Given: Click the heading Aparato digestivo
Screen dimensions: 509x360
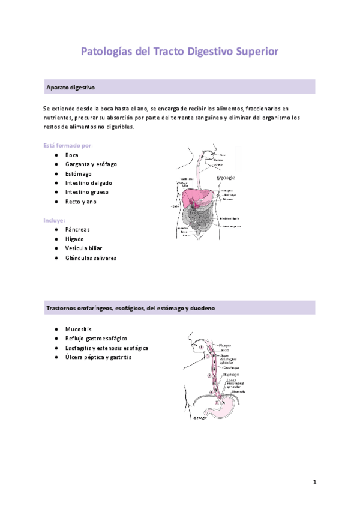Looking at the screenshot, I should click(x=70, y=88).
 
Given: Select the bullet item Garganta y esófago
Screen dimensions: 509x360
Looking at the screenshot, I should click(x=91, y=164).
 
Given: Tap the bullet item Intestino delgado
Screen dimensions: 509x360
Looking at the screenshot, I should click(x=89, y=182).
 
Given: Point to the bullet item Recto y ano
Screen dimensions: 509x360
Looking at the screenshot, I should click(x=81, y=202).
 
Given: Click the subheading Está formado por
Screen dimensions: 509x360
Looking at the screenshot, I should click(x=68, y=145).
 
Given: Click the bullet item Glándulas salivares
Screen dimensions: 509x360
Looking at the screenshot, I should click(x=91, y=258).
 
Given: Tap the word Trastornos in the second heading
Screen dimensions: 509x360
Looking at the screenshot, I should click(x=61, y=308).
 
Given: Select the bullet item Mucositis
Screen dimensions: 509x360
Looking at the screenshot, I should click(x=79, y=329).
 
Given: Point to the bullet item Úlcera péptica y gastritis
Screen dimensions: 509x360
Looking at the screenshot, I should click(x=98, y=357).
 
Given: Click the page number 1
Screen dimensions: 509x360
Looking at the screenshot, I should click(x=314, y=482).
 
